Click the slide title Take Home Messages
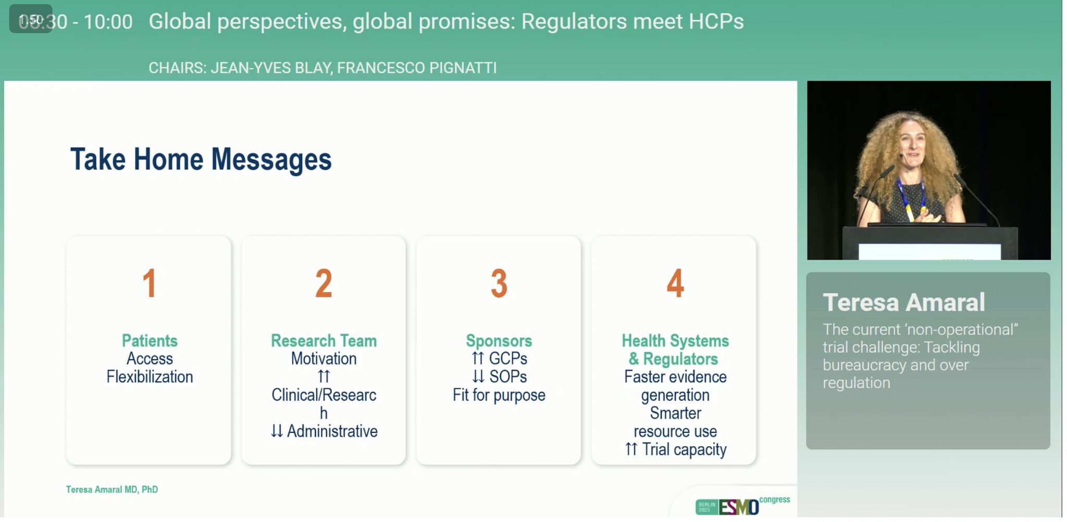coord(201,159)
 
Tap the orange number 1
coord(150,284)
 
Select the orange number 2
coord(324,284)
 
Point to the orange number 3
coord(499,284)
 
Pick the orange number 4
coord(675,284)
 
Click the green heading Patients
coord(150,340)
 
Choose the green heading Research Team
coord(324,340)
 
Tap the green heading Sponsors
coord(499,341)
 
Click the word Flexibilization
coord(150,376)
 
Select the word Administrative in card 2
coord(332,431)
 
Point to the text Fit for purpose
coord(499,395)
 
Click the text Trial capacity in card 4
coord(684,450)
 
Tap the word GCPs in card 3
coord(508,359)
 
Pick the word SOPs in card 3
coord(508,377)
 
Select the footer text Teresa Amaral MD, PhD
coord(111,490)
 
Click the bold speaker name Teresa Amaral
coord(903,302)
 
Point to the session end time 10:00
coord(108,22)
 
